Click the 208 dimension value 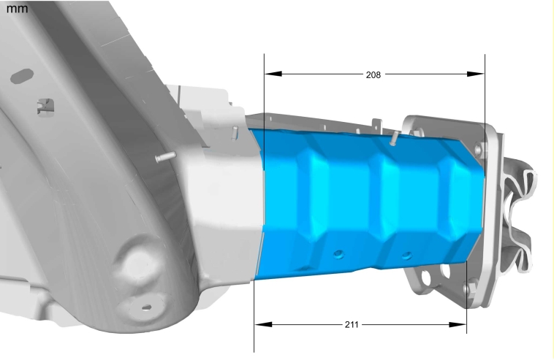[373, 74]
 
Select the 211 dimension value [352, 324]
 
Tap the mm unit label [17, 8]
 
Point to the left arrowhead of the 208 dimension [273, 74]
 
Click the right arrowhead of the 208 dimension [476, 74]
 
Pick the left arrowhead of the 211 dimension [263, 324]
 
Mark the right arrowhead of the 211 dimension [458, 324]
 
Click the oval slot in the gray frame [22, 76]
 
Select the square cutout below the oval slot [46, 107]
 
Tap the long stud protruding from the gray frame [166, 157]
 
